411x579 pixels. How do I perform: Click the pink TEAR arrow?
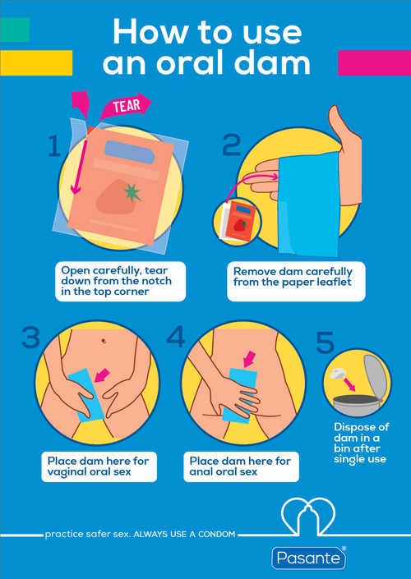point(126,106)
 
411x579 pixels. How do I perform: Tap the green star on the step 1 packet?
point(132,193)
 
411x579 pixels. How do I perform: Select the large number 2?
point(231,145)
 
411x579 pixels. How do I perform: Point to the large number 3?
point(30,338)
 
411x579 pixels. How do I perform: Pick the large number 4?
point(176,338)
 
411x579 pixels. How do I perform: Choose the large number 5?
point(326,342)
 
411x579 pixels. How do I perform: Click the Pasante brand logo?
point(308,558)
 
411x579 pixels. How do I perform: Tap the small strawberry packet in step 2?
point(237,221)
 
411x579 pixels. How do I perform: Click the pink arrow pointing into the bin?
point(349,385)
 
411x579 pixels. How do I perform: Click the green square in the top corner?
point(15,30)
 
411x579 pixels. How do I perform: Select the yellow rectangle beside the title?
point(36,62)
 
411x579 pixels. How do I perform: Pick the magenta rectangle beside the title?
point(374,62)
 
